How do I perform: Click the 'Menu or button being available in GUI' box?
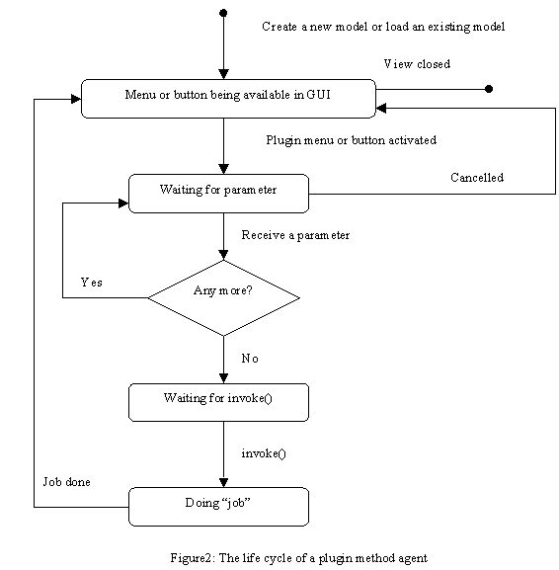(228, 99)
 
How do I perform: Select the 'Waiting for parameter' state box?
(219, 194)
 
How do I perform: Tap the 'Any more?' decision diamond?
(223, 297)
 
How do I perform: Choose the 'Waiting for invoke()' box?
(219, 402)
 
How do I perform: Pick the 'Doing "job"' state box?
(219, 507)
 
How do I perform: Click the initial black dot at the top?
(223, 13)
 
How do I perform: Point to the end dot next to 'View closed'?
(489, 89)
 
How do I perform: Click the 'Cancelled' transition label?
(477, 178)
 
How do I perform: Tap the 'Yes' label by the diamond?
(92, 283)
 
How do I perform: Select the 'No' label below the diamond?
(250, 359)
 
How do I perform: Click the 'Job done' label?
(67, 482)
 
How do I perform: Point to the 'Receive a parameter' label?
(295, 235)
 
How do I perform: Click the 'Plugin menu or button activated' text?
(351, 140)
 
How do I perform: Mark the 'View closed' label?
(417, 64)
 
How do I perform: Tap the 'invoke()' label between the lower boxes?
(264, 453)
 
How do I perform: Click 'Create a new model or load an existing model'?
(383, 27)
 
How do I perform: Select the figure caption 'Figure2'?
(190, 558)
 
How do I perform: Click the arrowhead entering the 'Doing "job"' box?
(223, 483)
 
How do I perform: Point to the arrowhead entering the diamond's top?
(223, 255)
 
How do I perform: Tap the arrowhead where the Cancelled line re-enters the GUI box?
(381, 108)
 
